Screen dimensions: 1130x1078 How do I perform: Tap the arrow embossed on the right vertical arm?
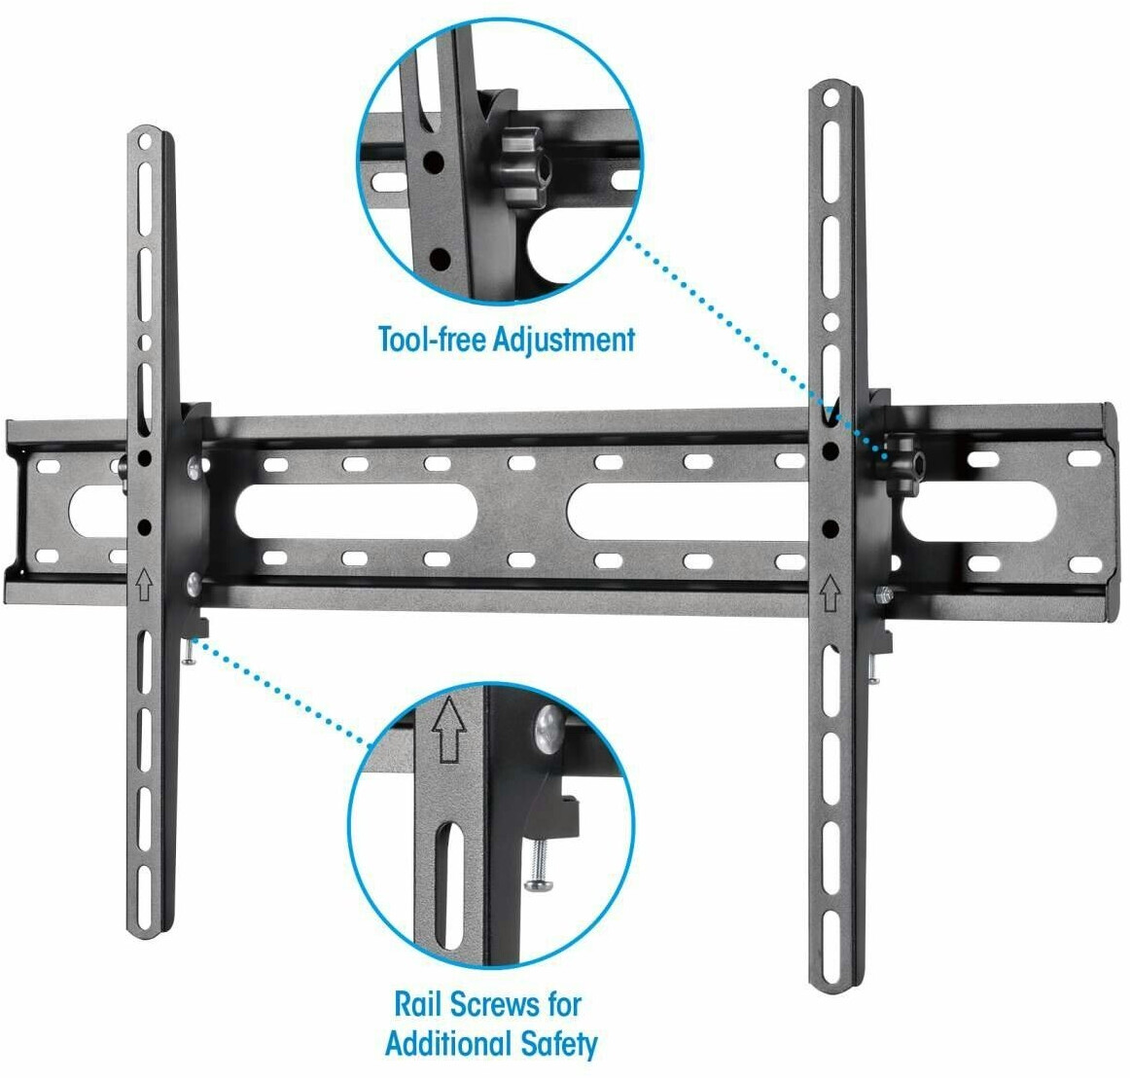click(x=830, y=592)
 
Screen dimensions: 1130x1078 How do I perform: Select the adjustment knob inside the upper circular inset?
click(x=522, y=165)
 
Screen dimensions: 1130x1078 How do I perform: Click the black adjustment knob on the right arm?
click(x=902, y=462)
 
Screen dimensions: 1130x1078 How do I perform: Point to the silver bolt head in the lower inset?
click(x=549, y=729)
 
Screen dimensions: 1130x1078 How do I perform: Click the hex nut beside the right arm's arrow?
click(x=884, y=595)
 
